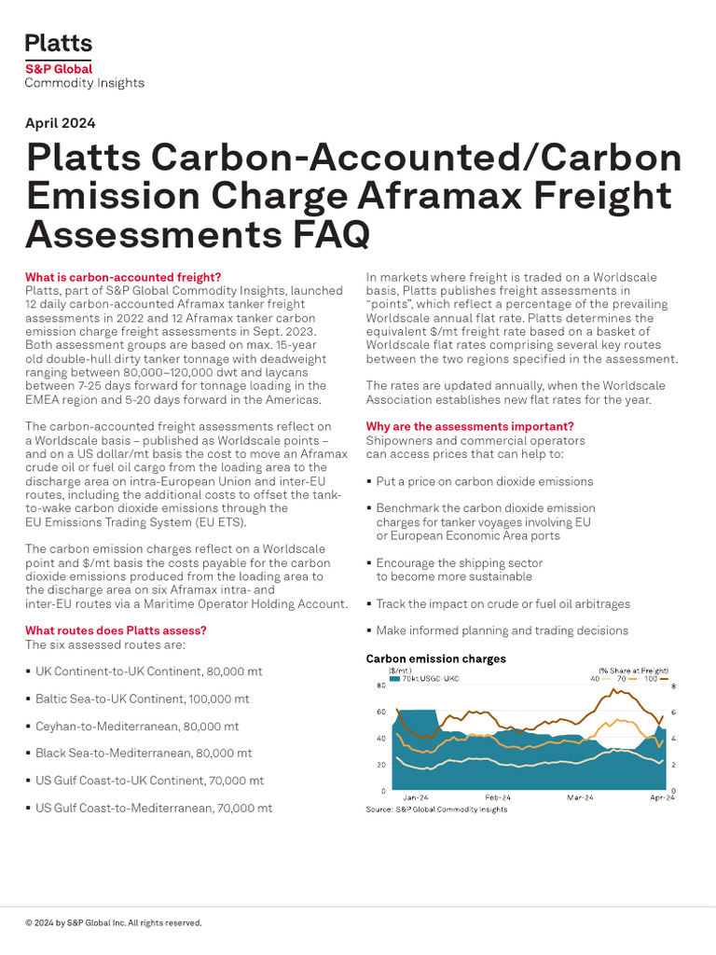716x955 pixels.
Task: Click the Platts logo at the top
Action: pos(59,43)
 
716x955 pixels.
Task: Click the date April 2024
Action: pos(60,123)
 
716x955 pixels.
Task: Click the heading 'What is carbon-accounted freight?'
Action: pos(123,277)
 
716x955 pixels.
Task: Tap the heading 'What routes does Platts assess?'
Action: pos(116,630)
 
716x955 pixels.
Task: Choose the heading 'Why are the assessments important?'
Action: pos(470,426)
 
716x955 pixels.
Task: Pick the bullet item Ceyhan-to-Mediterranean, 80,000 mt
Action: pos(137,726)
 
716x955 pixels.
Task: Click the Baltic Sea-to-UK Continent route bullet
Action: pos(142,699)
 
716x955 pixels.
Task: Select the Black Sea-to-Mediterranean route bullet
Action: pos(143,753)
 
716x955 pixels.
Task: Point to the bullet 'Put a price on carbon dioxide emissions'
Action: pos(484,481)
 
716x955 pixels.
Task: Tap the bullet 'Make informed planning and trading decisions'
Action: pos(502,630)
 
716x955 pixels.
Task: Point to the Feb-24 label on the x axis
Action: pos(498,798)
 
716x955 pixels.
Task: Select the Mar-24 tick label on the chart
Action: pos(580,798)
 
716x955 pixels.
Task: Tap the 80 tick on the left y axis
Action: pos(380,686)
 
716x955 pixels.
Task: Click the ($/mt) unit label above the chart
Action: pos(400,671)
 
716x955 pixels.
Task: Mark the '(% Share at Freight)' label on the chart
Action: pos(633,671)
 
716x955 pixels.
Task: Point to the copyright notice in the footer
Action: pos(113,923)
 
